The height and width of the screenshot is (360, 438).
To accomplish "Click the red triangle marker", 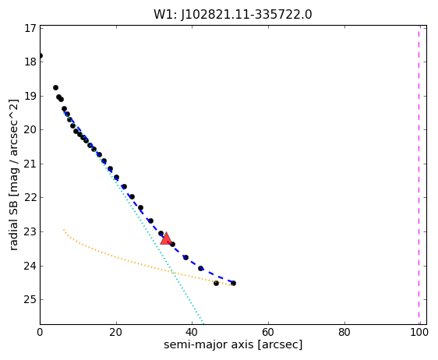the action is pos(166,238).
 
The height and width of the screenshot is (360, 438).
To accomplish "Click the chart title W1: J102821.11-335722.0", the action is pos(233,15).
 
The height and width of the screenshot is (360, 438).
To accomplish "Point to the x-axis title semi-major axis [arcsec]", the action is pos(233,344).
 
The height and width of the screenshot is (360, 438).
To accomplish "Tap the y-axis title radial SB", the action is pos(14,175).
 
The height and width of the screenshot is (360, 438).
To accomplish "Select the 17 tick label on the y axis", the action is pos(30,28).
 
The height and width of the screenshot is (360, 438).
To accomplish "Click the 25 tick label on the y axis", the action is pos(30,299).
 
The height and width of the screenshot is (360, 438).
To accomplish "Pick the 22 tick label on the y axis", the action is pos(30,198).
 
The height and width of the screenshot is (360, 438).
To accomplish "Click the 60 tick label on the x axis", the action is pos(268,333).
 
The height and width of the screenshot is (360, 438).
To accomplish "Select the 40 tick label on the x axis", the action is pos(192,333).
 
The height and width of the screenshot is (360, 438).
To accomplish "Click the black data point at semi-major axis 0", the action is pos(41,55).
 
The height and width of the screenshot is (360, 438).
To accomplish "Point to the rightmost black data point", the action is pos(233,283).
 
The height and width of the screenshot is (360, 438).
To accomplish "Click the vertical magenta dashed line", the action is pos(419,175).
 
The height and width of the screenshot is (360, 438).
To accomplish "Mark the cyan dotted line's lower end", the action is pos(203,324).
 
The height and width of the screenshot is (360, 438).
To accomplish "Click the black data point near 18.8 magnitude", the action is pos(55,88).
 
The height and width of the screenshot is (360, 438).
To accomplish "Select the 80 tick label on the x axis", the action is pos(344,333).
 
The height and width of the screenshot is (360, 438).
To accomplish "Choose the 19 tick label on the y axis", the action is pos(30,96).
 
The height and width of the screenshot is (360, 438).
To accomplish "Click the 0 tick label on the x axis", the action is pos(40,333).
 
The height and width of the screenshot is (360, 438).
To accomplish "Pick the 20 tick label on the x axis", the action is pos(116,333).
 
